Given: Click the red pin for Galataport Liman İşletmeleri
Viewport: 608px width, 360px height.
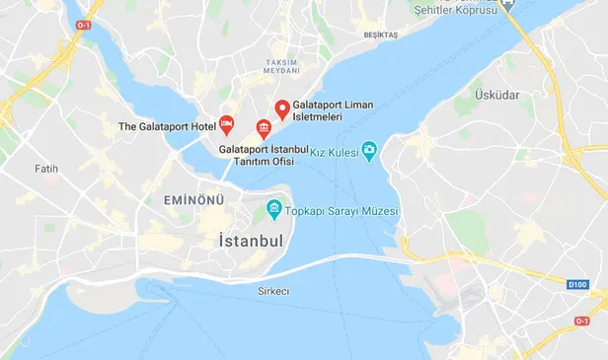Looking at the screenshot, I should point(281,108).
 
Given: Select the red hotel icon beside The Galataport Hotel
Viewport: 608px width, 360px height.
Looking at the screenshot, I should point(227,125).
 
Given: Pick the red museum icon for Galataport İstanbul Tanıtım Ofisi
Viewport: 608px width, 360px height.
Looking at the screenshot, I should point(263,127).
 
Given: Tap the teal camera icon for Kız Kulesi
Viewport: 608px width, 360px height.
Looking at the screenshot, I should point(369,149).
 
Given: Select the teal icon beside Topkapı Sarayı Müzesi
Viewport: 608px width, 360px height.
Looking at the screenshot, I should point(271,210).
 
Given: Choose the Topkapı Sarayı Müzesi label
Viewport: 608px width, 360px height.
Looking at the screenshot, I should point(342,211).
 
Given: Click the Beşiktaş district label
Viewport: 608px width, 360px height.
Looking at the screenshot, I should point(380,35).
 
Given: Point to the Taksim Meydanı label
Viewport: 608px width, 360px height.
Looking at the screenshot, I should point(281,66).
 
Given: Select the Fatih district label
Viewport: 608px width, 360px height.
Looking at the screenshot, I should point(46,169).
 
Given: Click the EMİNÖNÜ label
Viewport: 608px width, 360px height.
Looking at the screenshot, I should point(193,200).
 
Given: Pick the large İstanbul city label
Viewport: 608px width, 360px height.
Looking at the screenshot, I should point(250,242).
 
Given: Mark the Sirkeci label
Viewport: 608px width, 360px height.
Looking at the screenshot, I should point(273,291).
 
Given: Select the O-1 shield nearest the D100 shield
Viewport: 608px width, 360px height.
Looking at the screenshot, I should point(581,321).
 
